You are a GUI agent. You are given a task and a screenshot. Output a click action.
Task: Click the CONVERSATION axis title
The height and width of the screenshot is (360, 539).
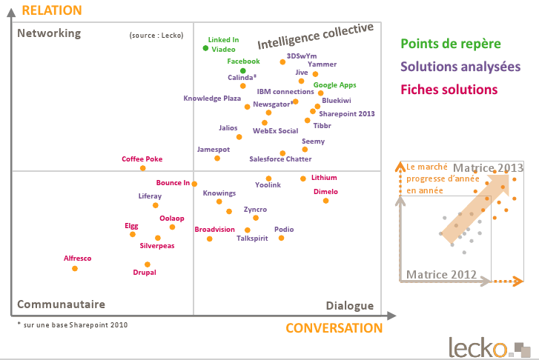coord(334,327)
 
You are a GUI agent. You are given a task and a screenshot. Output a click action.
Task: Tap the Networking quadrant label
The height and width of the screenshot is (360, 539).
coord(49,33)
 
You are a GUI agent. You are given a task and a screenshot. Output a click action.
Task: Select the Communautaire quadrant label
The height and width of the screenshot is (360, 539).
coord(61,304)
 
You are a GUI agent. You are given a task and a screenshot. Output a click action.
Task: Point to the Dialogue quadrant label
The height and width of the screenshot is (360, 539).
coord(350,306)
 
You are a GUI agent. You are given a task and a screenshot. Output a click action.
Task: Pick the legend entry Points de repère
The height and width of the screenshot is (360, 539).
coord(450,44)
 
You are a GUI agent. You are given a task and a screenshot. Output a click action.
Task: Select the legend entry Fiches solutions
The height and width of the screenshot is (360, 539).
coord(449,90)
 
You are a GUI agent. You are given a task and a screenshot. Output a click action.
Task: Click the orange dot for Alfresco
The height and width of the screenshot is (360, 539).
coord(75,268)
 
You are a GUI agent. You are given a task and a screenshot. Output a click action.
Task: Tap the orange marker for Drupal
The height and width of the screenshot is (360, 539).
coord(148,264)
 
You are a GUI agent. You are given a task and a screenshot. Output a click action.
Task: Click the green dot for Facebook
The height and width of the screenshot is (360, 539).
coord(243,71)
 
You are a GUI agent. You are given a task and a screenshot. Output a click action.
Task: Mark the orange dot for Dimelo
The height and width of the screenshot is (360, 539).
coord(325,201)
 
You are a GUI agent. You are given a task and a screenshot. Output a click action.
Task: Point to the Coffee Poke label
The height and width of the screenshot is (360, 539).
coord(142,159)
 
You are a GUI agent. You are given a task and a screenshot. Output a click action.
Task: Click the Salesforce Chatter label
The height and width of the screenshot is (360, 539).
coord(280,159)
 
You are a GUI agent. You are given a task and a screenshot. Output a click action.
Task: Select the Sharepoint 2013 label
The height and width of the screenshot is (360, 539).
coord(347,114)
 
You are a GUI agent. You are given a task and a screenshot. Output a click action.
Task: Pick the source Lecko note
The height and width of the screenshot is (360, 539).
coord(156,35)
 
